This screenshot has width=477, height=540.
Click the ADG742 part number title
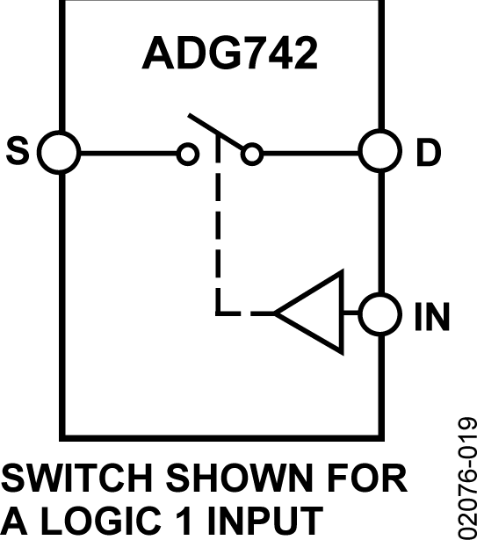[229, 55]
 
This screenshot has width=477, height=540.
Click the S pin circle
[60, 153]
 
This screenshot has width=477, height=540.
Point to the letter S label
[18, 153]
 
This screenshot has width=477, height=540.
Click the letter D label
[428, 154]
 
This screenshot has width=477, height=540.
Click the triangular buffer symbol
[312, 312]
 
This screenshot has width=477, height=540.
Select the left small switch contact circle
[187, 155]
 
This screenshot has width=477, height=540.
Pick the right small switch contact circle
[252, 155]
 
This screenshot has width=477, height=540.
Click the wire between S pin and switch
[127, 154]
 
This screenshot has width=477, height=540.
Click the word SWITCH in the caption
[75, 480]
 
